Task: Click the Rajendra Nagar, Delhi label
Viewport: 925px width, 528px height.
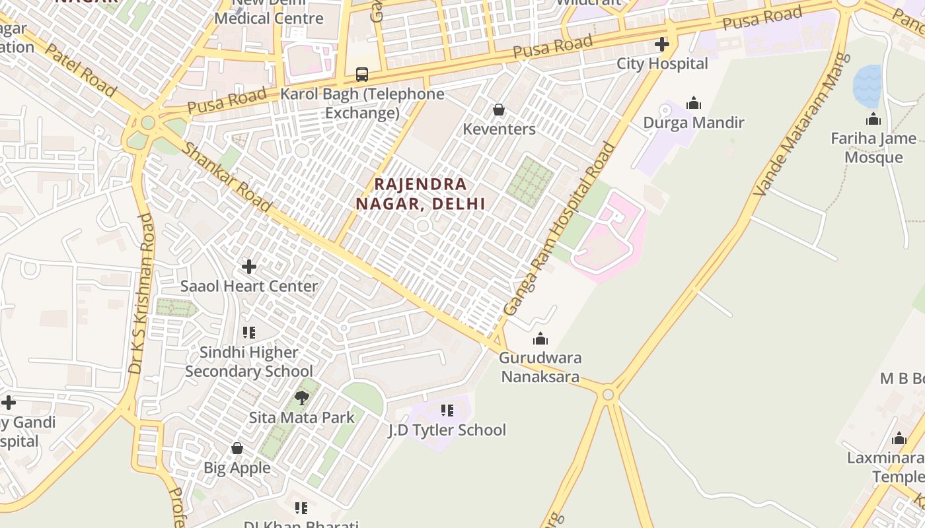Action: click(421, 193)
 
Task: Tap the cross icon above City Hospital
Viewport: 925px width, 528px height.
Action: click(661, 44)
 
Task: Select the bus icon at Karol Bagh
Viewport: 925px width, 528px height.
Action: click(361, 74)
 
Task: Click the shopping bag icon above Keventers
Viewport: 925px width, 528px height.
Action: click(499, 109)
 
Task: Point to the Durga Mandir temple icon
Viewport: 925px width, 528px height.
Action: click(694, 103)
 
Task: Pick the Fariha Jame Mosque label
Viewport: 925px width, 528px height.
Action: click(873, 148)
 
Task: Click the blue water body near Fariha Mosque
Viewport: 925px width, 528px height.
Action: click(867, 86)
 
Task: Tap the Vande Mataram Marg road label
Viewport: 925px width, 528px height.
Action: click(800, 125)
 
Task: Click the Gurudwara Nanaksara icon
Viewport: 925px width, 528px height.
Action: click(540, 339)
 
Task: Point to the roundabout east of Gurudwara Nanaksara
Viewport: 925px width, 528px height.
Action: click(608, 395)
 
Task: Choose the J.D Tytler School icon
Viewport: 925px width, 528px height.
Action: click(447, 411)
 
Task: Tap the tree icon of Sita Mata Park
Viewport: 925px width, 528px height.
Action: click(302, 397)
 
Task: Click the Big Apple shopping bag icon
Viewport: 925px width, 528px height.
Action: click(237, 448)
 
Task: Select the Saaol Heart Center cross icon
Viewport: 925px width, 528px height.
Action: click(249, 267)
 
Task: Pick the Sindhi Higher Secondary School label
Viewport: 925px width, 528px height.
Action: click(249, 362)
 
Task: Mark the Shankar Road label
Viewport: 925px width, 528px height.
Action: click(226, 176)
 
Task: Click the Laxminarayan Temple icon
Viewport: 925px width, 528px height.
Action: click(899, 439)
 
